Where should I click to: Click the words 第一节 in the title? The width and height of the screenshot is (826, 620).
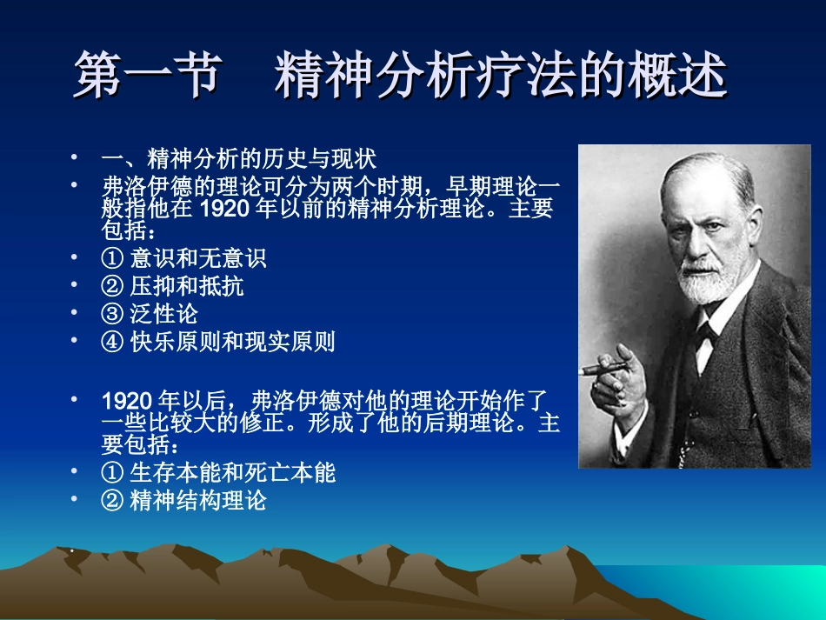pos(145,77)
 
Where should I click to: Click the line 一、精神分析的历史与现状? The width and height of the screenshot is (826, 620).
pos(239,159)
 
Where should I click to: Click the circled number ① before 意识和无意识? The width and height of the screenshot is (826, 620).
pos(112,258)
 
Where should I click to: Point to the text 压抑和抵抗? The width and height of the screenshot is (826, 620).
pos(187,286)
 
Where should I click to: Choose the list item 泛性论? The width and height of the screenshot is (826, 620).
pos(164,314)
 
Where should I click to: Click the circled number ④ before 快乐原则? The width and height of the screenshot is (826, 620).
pos(112,342)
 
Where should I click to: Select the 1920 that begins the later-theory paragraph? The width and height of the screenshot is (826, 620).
pos(125,401)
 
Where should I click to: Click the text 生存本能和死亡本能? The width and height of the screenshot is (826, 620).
pos(232,472)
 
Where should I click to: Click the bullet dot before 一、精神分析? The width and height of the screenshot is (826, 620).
pos(75,157)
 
